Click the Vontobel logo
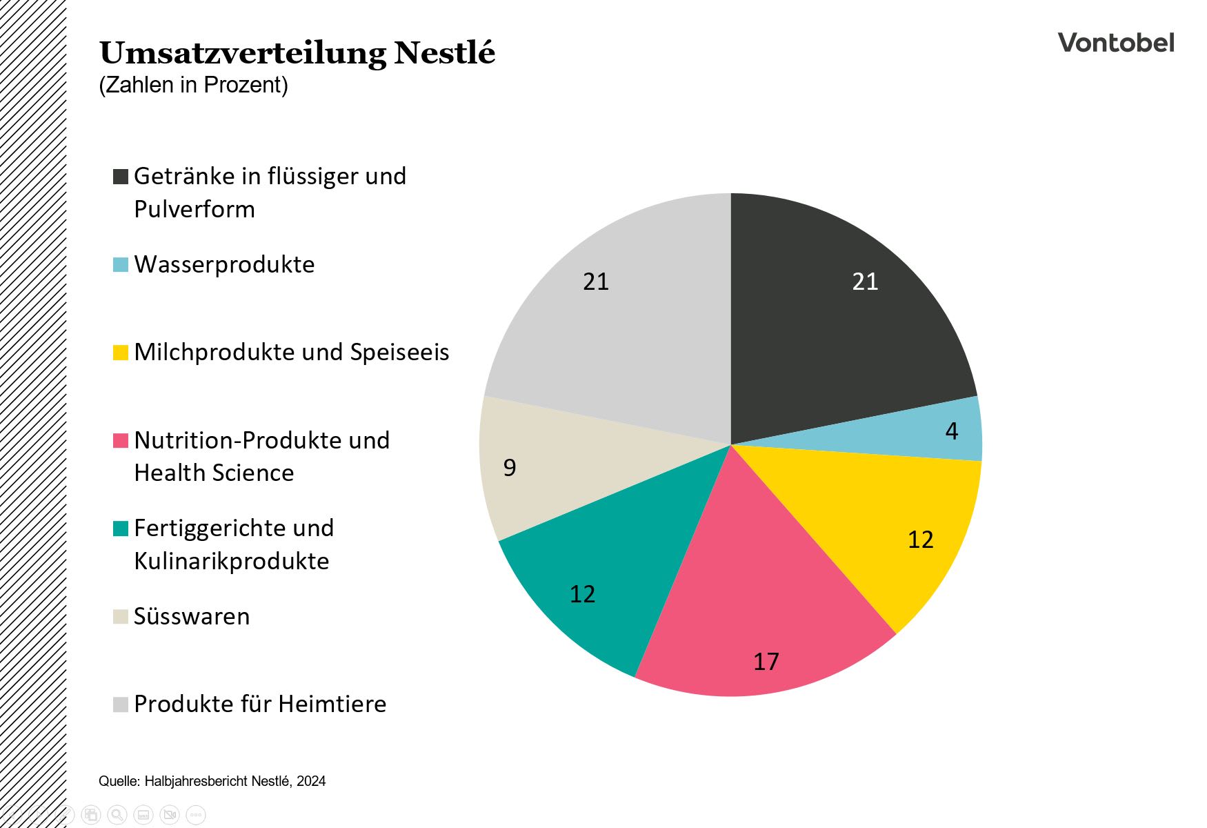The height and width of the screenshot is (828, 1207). click(1115, 43)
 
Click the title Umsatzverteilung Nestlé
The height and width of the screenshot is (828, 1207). click(297, 53)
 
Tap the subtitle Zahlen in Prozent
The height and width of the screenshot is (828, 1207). click(193, 85)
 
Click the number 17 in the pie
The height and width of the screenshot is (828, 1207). click(766, 662)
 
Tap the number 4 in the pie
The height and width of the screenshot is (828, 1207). click(951, 431)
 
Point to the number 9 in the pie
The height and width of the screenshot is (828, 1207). click(510, 468)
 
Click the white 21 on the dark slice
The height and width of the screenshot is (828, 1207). click(865, 282)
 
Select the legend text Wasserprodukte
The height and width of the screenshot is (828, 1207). click(224, 264)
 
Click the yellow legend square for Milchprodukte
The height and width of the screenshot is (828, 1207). click(121, 353)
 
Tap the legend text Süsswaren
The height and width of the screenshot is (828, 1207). click(192, 616)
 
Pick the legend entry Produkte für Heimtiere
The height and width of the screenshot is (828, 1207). click(260, 704)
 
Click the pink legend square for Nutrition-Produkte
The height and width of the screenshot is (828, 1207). click(121, 440)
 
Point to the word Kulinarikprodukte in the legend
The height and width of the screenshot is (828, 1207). click(231, 561)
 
